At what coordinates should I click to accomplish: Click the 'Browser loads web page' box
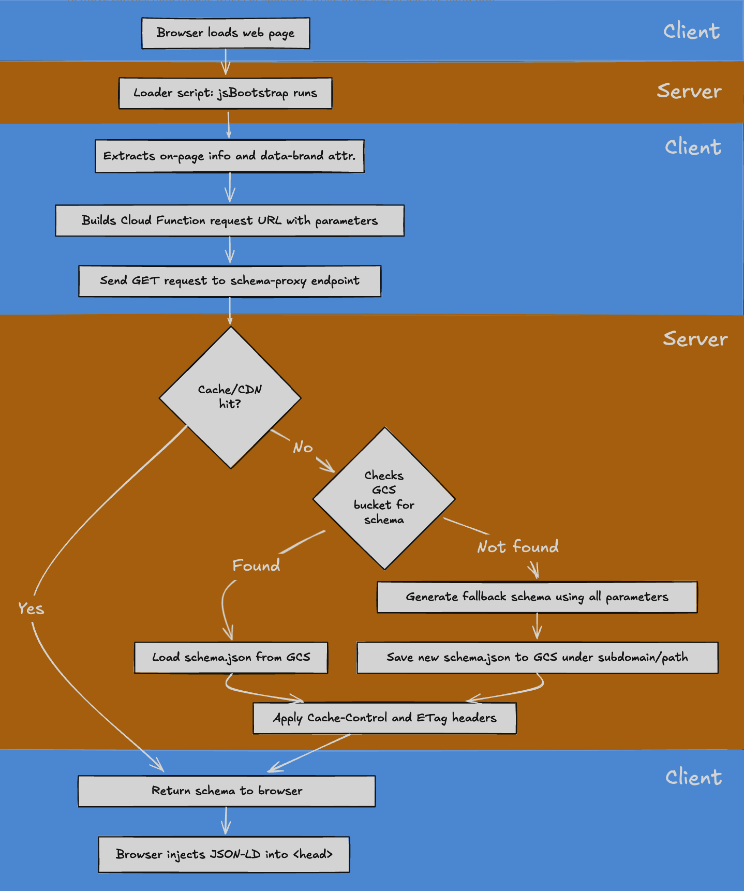coord(226,33)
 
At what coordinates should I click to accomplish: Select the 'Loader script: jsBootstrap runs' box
coord(226,93)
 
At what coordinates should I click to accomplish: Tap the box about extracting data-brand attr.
coord(230,156)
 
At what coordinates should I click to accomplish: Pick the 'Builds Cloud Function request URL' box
coord(230,220)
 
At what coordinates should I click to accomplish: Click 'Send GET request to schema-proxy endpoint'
coord(230,281)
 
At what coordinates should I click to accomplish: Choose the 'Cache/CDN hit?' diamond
coord(230,397)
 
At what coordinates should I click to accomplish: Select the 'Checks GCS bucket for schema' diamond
coord(384,498)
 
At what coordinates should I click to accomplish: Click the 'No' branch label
coord(303,447)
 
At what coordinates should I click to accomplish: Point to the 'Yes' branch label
coord(31,608)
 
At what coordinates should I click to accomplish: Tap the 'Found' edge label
coord(256,565)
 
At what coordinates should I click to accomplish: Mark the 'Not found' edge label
coord(518,547)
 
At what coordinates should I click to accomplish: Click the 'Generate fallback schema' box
coord(537,597)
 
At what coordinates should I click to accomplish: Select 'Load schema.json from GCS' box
coord(231,658)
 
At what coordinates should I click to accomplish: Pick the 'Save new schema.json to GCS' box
coord(537,658)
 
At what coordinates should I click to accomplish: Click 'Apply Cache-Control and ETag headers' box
coord(384,718)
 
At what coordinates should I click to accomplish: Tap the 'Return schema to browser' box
coord(227,791)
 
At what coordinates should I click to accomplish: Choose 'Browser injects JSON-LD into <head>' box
coord(224,854)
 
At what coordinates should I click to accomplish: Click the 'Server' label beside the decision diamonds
coord(695,339)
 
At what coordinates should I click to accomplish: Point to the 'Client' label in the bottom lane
coord(693,777)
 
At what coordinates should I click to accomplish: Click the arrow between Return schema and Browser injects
coord(226,821)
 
